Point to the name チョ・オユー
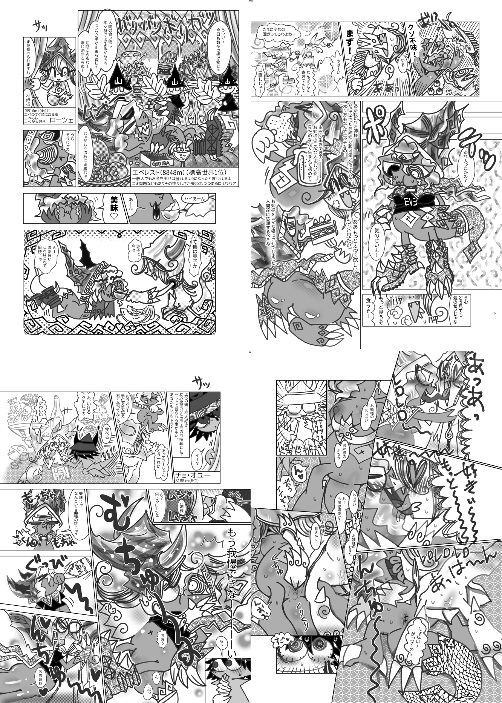tap(192, 475)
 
